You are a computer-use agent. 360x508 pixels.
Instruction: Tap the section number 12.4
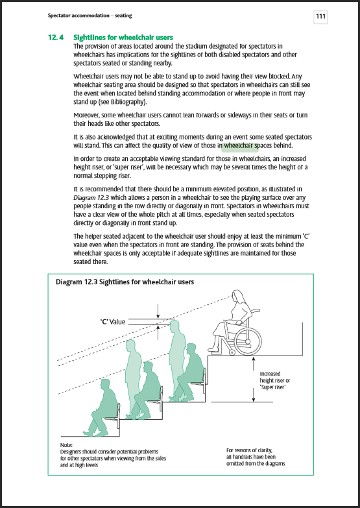click(56, 38)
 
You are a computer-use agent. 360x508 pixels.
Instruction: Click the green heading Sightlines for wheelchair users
click(123, 38)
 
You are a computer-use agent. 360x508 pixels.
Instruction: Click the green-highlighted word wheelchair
click(239, 146)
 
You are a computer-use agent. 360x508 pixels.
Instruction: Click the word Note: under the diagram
click(67, 444)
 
